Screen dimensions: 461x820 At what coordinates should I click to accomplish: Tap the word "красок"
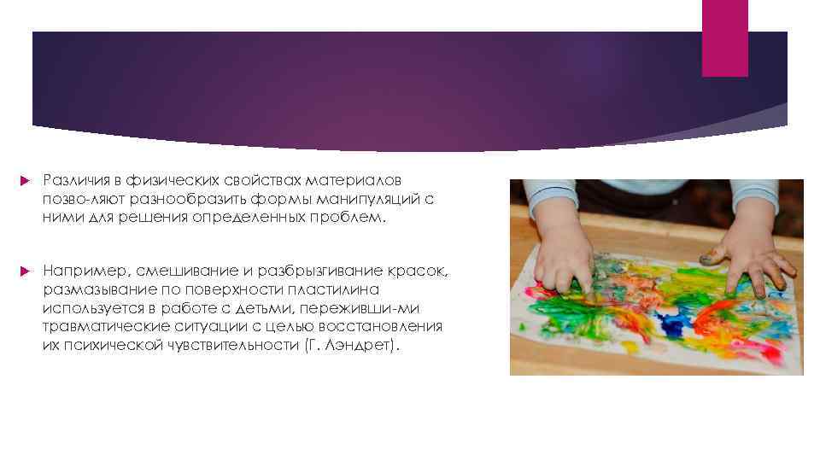[x=414, y=271]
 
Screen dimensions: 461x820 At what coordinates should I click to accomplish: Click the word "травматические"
[x=99, y=326]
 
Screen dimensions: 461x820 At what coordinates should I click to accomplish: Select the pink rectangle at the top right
[x=724, y=38]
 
